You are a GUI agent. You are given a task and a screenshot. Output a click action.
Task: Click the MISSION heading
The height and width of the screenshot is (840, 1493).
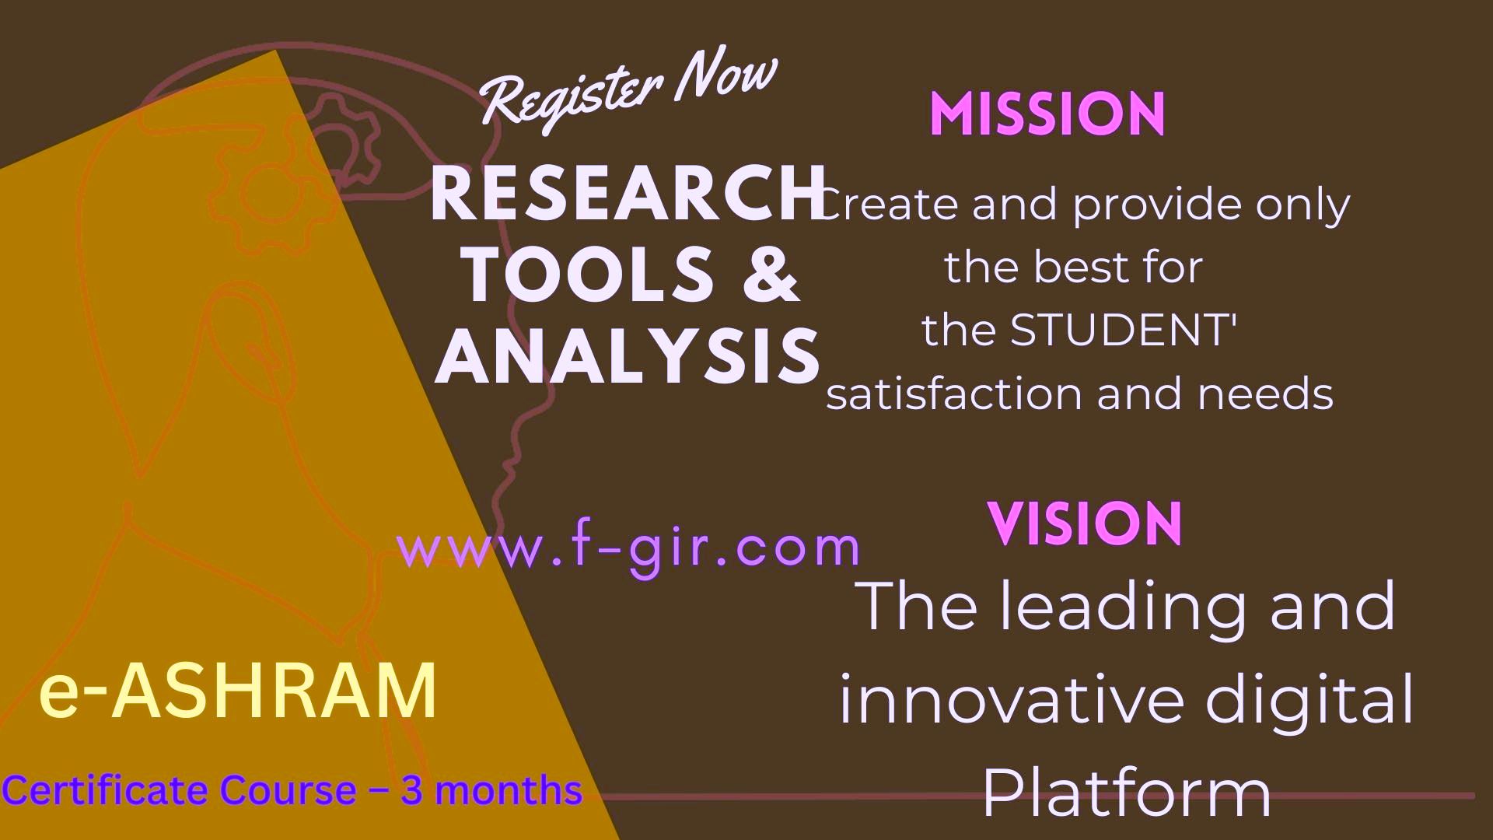pyautogui.click(x=1047, y=115)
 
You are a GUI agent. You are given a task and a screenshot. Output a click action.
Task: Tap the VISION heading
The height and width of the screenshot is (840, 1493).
pyautogui.click(x=1086, y=523)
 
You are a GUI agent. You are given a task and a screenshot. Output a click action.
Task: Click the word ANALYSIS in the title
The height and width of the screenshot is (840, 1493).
pyautogui.click(x=627, y=355)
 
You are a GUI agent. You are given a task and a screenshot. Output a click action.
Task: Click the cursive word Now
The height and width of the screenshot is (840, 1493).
pyautogui.click(x=726, y=78)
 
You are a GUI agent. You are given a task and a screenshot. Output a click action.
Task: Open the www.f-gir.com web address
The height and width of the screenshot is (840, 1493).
pyautogui.click(x=628, y=548)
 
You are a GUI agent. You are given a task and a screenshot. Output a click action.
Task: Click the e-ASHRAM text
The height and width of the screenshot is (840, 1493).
pyautogui.click(x=238, y=691)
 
